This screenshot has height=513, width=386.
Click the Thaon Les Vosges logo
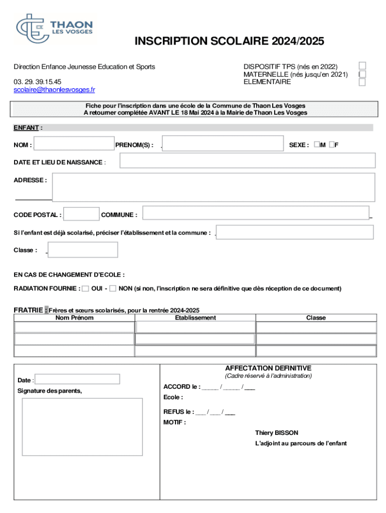[54, 29]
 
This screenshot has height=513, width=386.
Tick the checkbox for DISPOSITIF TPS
[362, 66]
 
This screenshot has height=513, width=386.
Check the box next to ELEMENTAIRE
[362, 82]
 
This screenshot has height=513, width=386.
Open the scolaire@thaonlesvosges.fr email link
[54, 90]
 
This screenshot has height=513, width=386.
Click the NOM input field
[74, 144]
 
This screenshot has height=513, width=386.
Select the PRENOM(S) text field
[223, 144]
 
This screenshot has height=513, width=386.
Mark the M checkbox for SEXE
[317, 145]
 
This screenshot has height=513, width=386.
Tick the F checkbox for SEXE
[332, 145]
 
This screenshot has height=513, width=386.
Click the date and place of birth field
[247, 161]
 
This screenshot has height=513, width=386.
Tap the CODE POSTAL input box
[82, 214]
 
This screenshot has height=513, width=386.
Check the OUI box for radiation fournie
[85, 289]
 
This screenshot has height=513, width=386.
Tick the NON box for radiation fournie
[113, 289]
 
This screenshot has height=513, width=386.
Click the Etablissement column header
[196, 318]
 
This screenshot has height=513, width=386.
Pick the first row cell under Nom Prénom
[75, 327]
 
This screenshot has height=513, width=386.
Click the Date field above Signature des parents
[78, 379]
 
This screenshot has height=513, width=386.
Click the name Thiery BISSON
[276, 433]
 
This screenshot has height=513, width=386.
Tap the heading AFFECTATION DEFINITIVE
[268, 368]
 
